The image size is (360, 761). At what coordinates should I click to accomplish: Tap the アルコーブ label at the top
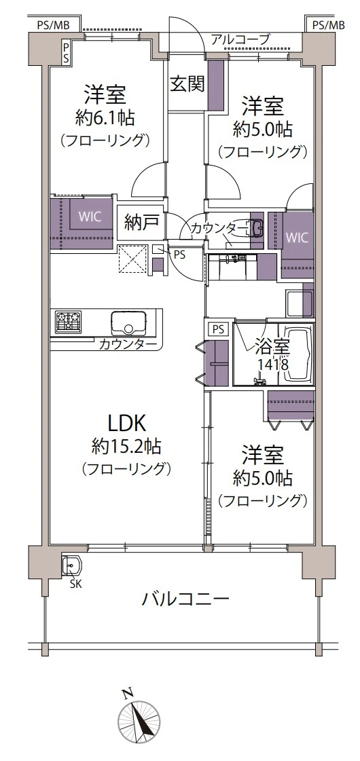[240, 40]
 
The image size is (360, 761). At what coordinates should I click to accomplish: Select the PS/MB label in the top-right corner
[328, 25]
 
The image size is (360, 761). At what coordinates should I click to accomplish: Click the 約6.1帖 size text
[105, 117]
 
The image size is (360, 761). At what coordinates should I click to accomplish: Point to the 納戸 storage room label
[141, 222]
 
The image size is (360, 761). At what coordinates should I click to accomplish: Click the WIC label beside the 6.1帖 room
[90, 218]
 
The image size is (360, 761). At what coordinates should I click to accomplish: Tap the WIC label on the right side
[296, 238]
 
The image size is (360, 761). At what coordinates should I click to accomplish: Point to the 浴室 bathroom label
[272, 347]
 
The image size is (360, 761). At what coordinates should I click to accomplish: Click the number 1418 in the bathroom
[272, 365]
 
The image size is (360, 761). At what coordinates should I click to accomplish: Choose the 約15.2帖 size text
[126, 446]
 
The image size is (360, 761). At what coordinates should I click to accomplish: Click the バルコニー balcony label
[185, 599]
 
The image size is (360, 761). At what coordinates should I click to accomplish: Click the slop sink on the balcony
[71, 566]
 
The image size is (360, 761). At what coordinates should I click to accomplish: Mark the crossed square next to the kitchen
[132, 259]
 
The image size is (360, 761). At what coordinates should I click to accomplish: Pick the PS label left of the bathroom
[217, 329]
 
